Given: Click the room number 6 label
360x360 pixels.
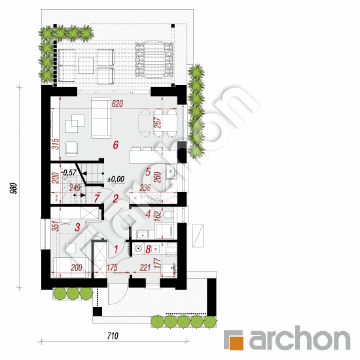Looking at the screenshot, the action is [x=116, y=145].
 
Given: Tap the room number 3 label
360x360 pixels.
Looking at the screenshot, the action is [x=78, y=227].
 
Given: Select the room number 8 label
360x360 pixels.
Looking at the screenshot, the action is [x=148, y=249].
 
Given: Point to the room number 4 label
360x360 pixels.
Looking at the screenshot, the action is [x=148, y=214].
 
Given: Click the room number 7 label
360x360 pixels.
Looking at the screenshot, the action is [x=97, y=198].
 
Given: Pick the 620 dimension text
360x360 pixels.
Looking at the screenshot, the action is [x=117, y=104].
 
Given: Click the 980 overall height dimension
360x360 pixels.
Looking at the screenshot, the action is [x=14, y=188].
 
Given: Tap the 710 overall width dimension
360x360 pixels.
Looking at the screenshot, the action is [x=113, y=336].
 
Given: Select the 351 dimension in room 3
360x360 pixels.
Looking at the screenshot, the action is [x=56, y=226].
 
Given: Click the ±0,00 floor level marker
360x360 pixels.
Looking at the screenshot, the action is [x=116, y=179].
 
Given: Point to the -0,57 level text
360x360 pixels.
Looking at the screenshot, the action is [x=69, y=172].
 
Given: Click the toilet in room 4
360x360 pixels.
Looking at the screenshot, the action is [x=168, y=215].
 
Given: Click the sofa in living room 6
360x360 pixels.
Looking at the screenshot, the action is [x=101, y=118].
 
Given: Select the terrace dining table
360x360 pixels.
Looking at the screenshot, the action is [x=154, y=59].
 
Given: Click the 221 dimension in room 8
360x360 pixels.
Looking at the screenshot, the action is [x=145, y=268].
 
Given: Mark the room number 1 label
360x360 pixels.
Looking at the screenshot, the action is [x=116, y=249].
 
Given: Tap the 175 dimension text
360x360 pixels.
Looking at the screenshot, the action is [x=113, y=268].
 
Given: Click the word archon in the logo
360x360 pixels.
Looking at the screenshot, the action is [x=300, y=338].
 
